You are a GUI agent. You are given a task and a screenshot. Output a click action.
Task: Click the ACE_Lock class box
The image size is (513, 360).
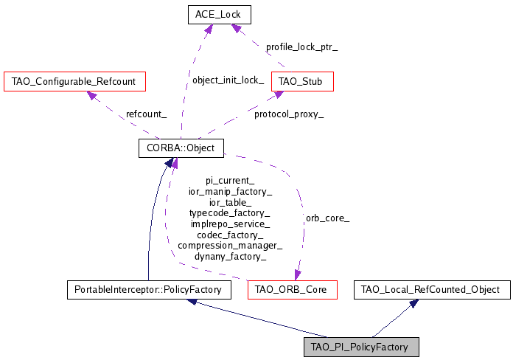219,14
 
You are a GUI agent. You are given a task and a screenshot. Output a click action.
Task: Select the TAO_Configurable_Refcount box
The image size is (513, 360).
74,80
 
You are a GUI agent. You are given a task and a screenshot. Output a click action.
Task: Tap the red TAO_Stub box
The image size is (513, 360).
302,80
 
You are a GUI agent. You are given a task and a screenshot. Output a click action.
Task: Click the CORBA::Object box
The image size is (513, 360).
181,148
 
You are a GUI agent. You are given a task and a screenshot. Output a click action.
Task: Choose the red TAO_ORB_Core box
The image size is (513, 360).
292,290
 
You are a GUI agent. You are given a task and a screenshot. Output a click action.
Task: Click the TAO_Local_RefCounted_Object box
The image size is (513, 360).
431,290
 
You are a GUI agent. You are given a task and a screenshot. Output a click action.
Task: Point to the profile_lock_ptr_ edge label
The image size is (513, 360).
301,46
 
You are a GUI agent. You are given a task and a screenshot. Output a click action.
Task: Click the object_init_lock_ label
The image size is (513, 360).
228,80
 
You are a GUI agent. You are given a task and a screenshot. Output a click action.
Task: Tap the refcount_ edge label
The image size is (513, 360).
146,114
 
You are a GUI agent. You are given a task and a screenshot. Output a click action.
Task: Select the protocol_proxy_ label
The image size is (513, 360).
288,114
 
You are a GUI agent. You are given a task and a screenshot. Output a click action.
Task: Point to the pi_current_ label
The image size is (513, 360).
230,180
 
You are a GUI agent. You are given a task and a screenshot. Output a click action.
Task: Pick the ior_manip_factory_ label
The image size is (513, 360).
230,191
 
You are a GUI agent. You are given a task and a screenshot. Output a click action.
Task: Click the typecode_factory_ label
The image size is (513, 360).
230,212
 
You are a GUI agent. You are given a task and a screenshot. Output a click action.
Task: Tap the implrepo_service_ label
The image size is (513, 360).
230,224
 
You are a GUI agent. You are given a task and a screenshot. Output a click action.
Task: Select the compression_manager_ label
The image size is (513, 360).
230,246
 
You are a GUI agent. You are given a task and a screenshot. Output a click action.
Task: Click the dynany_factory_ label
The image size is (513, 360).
230,257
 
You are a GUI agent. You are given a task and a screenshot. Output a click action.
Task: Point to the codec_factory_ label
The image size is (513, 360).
230,235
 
